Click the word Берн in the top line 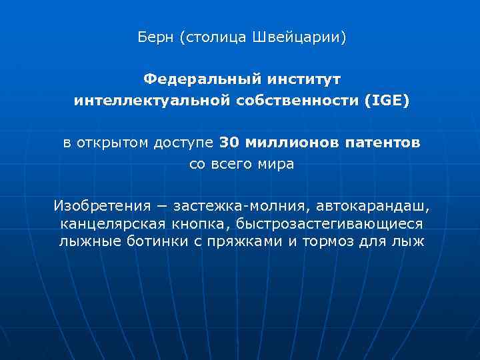(156, 37)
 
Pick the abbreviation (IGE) (386, 101)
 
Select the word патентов (384, 143)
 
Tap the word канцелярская (113, 223)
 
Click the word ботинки (160, 241)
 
